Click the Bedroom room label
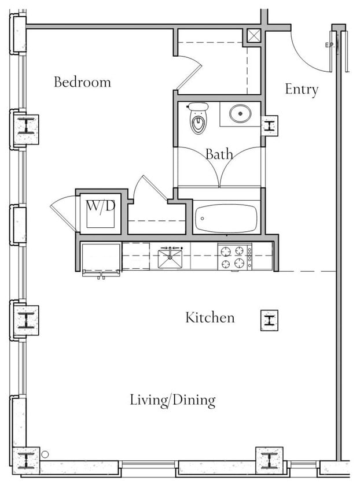tap(82, 82)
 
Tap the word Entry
tap(302, 90)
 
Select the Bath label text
tap(219, 154)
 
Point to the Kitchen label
tap(210, 317)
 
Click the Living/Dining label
tap(172, 400)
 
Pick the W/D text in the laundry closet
tap(100, 206)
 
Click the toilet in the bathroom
tap(198, 118)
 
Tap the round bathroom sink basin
tap(240, 113)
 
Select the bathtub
tap(226, 218)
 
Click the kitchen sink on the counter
tap(170, 256)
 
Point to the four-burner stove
tap(234, 257)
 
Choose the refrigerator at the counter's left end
tap(101, 258)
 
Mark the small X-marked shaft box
tap(254, 36)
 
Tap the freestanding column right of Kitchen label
tap(269, 320)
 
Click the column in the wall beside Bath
tap(270, 125)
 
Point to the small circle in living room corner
tap(45, 454)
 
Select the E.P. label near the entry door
tap(331, 45)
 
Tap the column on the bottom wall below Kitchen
tap(269, 460)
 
